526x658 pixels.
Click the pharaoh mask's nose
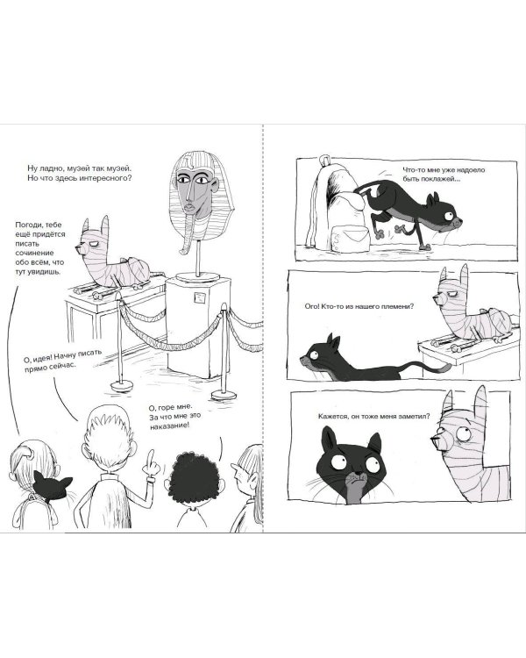click(x=190, y=193)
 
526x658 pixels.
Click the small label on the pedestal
click(x=199, y=297)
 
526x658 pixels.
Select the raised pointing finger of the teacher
click(x=150, y=458)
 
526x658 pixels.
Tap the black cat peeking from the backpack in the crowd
click(x=53, y=486)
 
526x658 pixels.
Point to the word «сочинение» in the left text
click(x=35, y=253)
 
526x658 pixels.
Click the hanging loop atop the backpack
click(x=323, y=161)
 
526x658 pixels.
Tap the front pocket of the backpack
click(x=351, y=239)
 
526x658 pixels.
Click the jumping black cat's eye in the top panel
click(x=449, y=216)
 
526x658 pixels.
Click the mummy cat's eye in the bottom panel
click(x=463, y=434)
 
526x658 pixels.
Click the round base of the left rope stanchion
click(x=122, y=385)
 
